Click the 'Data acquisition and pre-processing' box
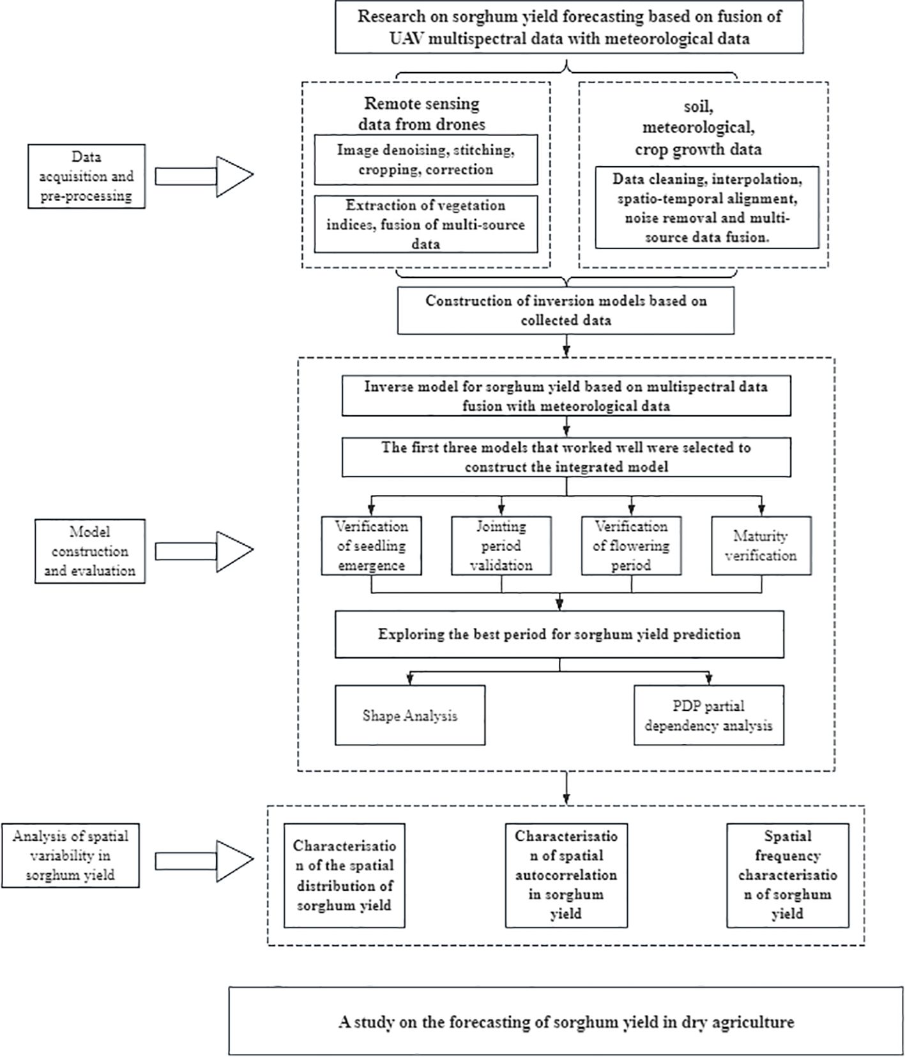click(x=86, y=176)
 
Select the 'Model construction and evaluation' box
click(x=89, y=551)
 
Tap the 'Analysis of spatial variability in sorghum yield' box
click(x=70, y=856)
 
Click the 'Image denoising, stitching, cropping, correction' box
click(x=425, y=160)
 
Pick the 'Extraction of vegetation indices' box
click(x=425, y=224)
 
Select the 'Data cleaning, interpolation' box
click(x=706, y=208)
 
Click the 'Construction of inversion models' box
click(x=566, y=310)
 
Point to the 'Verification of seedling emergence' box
click(x=371, y=546)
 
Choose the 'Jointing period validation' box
click(x=501, y=546)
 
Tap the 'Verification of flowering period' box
click(x=631, y=546)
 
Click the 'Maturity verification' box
click(x=761, y=546)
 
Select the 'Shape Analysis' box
click(x=410, y=715)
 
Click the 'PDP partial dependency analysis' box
click(x=708, y=715)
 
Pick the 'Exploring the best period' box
click(x=559, y=634)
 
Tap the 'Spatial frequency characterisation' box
click(x=787, y=875)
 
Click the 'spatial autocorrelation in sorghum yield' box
click(x=566, y=875)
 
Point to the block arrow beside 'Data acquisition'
click(x=204, y=176)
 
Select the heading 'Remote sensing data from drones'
click(x=422, y=114)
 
